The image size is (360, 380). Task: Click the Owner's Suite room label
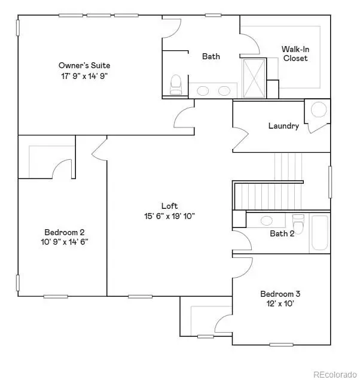coord(84,65)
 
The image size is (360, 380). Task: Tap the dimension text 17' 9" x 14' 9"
coord(84,76)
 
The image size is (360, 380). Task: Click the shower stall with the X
coord(254,77)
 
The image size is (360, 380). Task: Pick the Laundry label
coord(283,126)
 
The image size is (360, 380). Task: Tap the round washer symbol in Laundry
coord(319,110)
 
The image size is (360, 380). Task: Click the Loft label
coord(170,206)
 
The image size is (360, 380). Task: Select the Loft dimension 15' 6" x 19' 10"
coord(170,216)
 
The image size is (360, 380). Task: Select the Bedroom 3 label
coord(280,294)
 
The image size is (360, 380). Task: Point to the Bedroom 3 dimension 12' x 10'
coord(280,304)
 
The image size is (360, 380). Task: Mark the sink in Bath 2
coord(267,220)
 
